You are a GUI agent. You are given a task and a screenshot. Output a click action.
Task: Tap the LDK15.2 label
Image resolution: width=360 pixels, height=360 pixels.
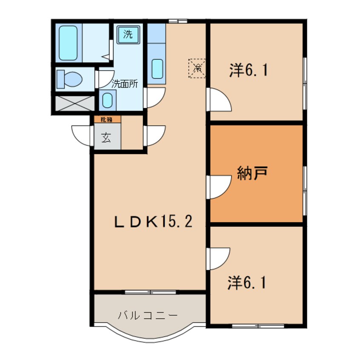[x=153, y=221]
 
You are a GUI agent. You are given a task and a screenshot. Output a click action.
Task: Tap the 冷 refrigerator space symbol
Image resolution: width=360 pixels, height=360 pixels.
[x=197, y=68]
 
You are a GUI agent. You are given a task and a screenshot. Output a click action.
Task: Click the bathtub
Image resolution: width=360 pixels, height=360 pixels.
[x=68, y=43]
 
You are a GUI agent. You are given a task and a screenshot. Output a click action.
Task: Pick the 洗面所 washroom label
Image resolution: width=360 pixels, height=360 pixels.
[x=125, y=84]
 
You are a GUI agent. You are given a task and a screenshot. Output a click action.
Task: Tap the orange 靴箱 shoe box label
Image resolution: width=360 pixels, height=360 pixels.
[x=106, y=120]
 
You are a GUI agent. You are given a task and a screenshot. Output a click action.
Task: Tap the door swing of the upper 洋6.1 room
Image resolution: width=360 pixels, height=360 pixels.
[x=219, y=100]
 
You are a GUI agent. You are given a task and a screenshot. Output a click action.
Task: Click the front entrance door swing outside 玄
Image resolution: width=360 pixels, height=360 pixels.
[x=83, y=136]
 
